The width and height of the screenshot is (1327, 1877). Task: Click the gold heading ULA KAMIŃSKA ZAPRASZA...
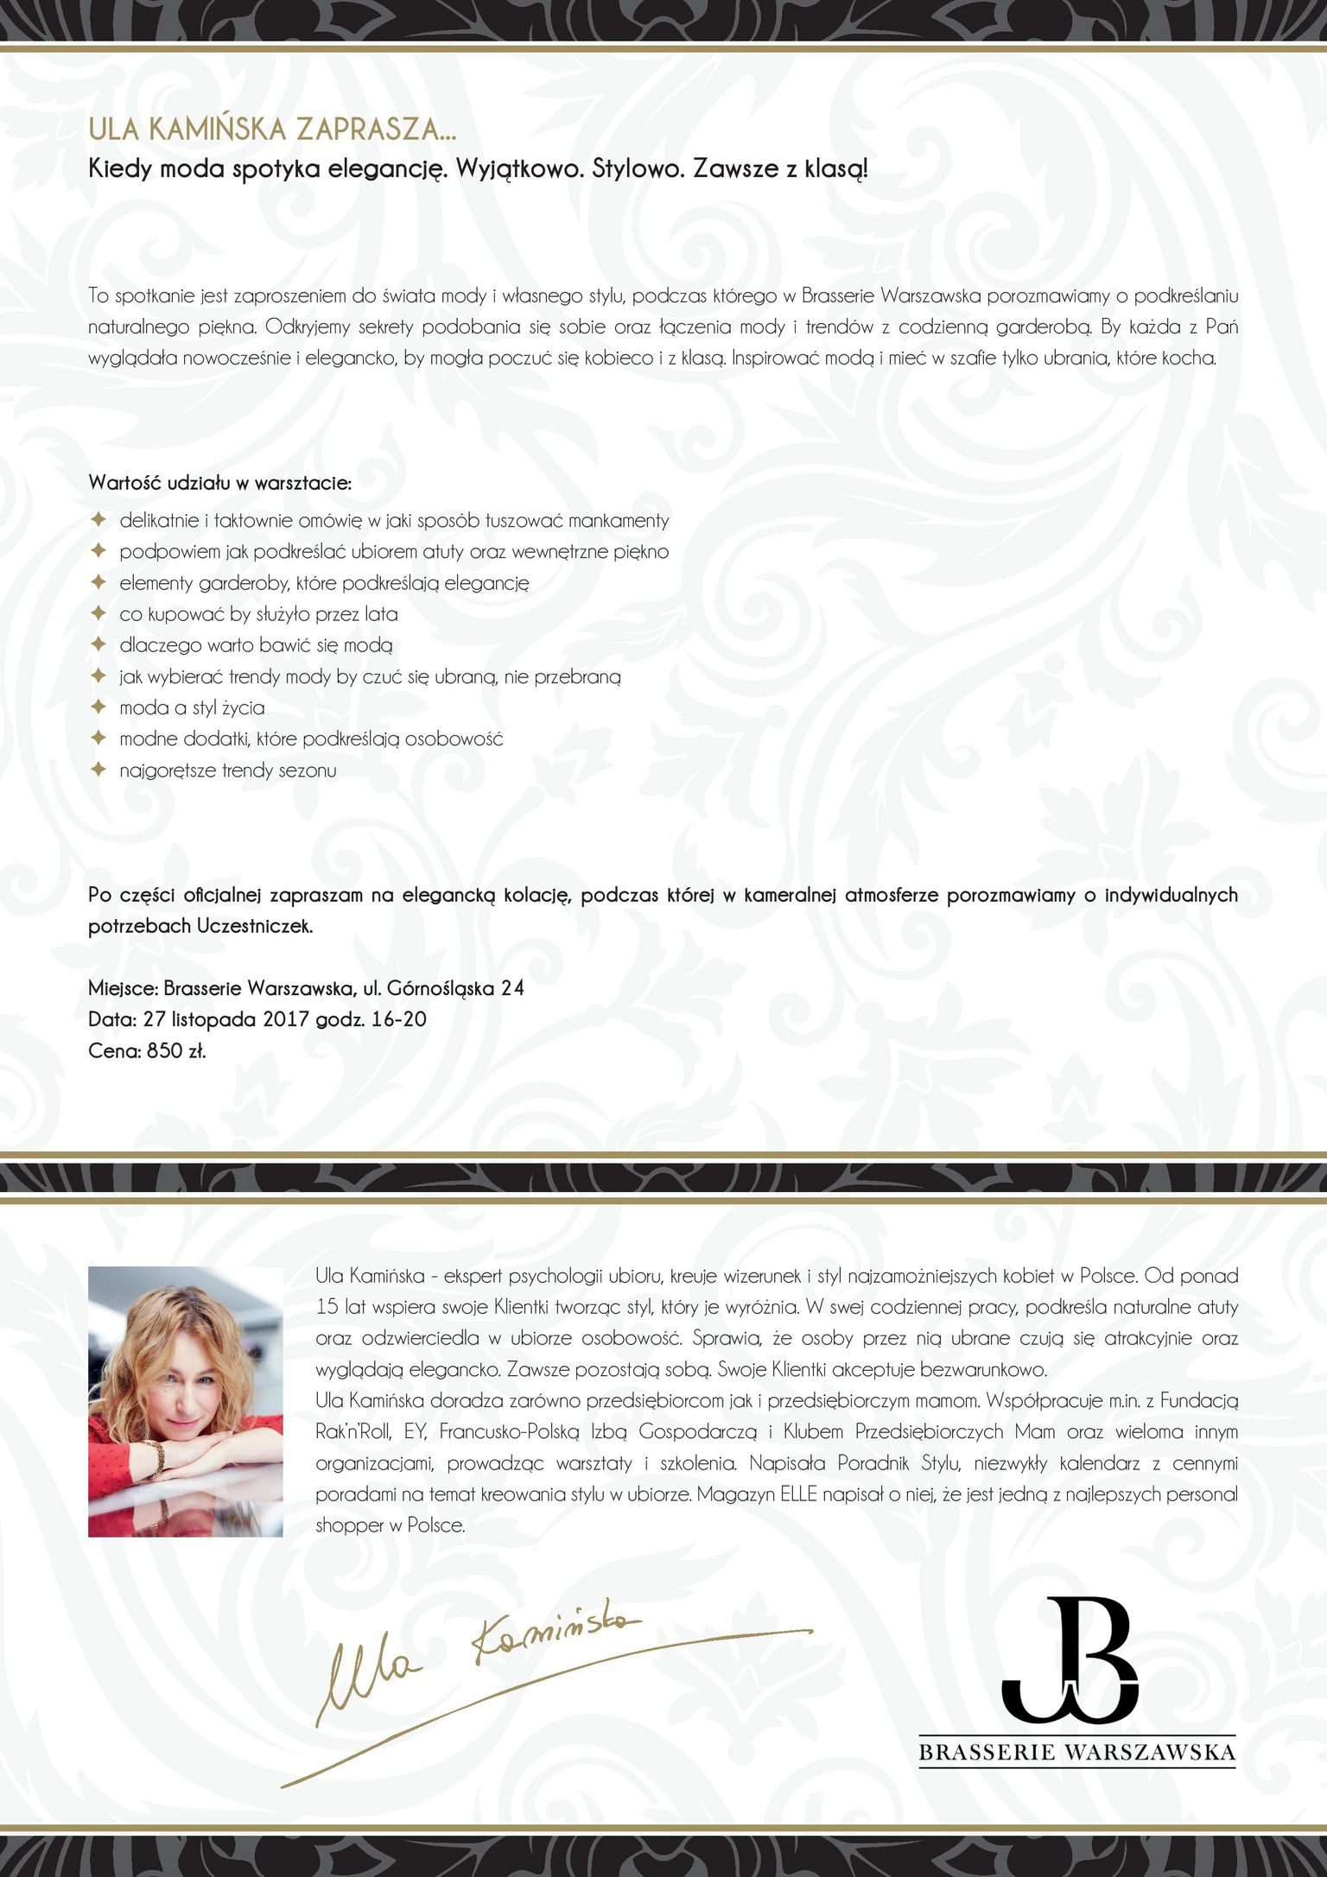271,130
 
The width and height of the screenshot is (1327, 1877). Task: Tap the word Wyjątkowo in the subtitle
518,168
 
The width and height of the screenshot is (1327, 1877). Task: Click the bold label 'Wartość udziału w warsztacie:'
219,483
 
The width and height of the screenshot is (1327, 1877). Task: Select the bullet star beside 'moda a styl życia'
99,707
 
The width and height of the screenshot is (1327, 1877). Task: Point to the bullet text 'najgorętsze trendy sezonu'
228,770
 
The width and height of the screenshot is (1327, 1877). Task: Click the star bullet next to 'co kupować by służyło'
99,613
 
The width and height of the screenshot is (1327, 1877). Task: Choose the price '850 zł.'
176,1051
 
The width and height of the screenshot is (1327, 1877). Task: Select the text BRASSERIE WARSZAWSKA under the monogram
1076,1752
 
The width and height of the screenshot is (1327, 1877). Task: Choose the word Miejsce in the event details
121,988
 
